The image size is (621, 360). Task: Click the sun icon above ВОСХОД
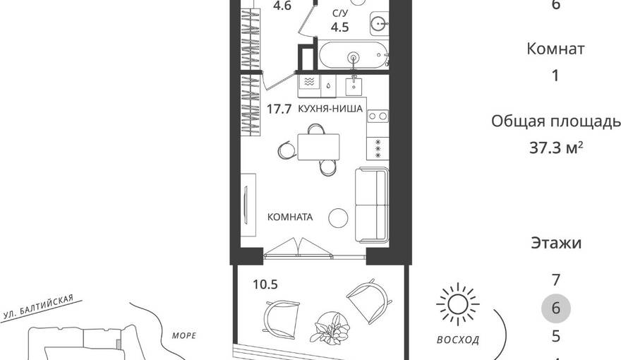point(458,305)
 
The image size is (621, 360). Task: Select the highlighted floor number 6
point(555,308)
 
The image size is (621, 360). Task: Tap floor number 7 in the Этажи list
point(556,280)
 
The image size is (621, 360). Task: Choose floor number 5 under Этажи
point(556,336)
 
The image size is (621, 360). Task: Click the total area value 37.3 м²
point(556,148)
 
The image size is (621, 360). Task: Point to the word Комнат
point(555,49)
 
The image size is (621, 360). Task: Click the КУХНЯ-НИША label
point(330,109)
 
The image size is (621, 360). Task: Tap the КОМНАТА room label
point(290,217)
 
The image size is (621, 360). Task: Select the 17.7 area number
point(279,109)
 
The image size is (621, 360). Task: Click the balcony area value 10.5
point(265,284)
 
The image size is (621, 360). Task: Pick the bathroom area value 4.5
point(340,28)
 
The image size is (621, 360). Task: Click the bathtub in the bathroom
point(354,56)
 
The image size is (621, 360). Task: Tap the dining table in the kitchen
point(318,147)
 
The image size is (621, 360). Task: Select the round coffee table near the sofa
point(338,218)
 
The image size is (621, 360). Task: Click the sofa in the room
point(372,205)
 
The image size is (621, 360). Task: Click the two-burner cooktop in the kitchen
point(378,116)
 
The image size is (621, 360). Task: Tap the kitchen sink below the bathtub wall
point(354,86)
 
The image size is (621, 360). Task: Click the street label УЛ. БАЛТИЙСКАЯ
point(38,306)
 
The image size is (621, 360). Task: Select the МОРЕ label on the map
point(184,336)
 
